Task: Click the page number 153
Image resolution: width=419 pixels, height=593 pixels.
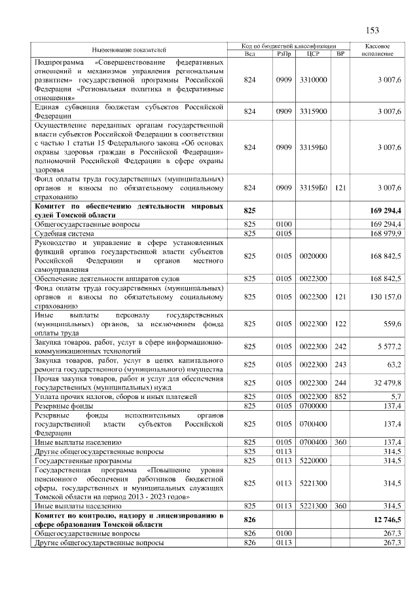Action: pyautogui.click(x=373, y=29)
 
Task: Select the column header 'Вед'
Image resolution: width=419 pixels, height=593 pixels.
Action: pyautogui.click(x=249, y=53)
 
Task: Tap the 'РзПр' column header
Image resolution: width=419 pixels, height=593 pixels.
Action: pyautogui.click(x=283, y=53)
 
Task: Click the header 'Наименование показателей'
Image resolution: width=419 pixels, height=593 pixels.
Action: pyautogui.click(x=129, y=50)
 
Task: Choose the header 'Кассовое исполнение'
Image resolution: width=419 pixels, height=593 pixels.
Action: pyautogui.click(x=377, y=50)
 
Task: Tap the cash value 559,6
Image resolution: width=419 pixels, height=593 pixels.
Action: pyautogui.click(x=392, y=323)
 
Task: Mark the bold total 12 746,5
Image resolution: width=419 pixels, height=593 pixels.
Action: pyautogui.click(x=385, y=519)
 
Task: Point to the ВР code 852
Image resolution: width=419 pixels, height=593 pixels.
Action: pyautogui.click(x=339, y=397)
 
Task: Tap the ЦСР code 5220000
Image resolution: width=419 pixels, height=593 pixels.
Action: pyautogui.click(x=313, y=461)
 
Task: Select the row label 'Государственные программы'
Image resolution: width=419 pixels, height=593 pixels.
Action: pyautogui.click(x=80, y=461)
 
